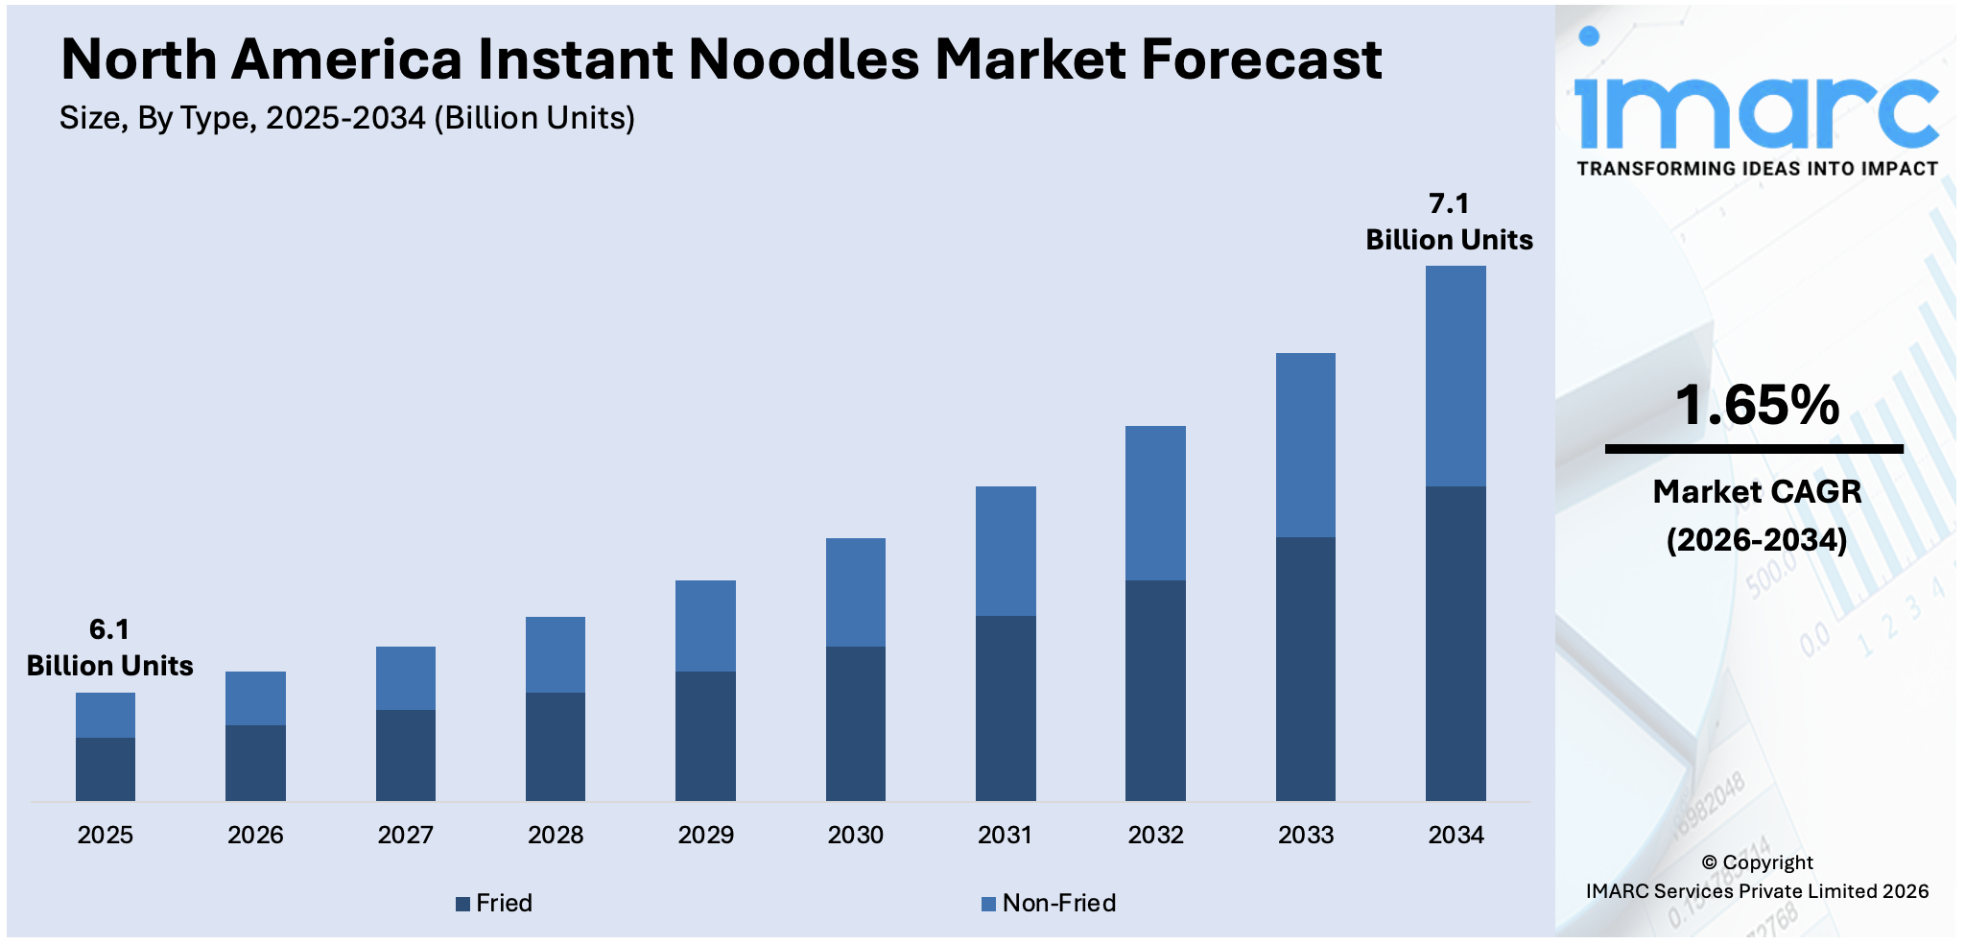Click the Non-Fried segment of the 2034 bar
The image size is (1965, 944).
pos(1455,376)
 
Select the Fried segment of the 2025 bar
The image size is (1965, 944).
pos(106,768)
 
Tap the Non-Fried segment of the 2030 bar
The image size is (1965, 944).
pos(855,592)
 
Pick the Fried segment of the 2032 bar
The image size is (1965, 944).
pos(1155,690)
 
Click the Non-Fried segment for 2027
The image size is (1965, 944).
pos(405,678)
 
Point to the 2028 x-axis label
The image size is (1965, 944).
pos(556,835)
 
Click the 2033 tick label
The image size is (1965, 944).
pos(1305,835)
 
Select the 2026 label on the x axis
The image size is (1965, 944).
pos(255,835)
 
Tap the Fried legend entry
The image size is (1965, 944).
pos(494,903)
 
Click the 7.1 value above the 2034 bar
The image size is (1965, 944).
pos(1449,203)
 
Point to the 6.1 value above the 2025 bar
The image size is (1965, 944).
pos(109,629)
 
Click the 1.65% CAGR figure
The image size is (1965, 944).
pos(1757,405)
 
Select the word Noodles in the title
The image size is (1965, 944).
pos(804,59)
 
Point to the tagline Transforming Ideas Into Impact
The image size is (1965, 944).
pos(1757,169)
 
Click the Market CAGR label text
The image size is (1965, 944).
pos(1757,492)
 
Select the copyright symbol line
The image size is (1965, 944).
pos(1757,862)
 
